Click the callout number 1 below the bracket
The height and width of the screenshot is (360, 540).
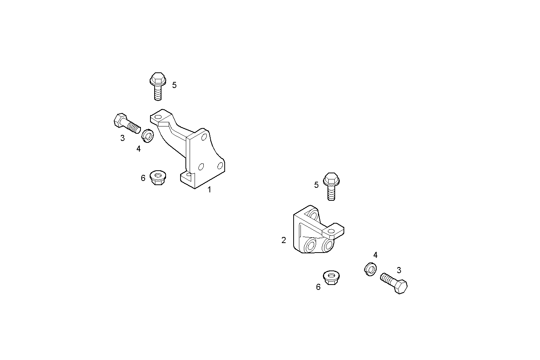coord(209,189)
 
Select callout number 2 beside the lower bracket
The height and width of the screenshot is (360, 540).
coord(284,240)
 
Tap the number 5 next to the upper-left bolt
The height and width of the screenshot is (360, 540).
coord(174,85)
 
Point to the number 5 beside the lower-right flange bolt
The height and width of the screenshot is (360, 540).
coord(316,185)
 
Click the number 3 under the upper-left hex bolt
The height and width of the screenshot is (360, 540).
coord(122,138)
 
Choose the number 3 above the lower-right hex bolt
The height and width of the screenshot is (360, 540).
coord(399,270)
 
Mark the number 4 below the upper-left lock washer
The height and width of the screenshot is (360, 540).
coord(139,149)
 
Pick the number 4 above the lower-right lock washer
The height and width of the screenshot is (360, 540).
coord(375,255)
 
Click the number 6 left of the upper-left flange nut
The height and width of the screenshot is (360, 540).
coord(143,178)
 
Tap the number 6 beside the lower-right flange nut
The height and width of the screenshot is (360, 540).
coord(318,287)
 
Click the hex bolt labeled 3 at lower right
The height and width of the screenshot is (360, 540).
coord(395,283)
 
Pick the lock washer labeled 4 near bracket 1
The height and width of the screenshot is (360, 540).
coord(147,135)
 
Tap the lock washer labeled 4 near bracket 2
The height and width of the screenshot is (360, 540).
coord(370,269)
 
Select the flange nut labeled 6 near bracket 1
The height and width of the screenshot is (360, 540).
coord(157,178)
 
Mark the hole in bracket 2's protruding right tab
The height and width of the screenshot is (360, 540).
coord(330,231)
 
